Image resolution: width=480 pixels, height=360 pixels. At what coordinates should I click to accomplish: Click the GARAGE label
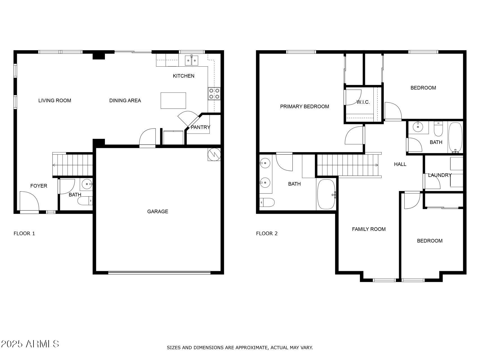tap(157, 211)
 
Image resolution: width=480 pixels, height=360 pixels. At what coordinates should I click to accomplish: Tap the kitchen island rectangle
tap(173, 101)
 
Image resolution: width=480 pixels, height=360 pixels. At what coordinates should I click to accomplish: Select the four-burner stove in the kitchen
tap(214, 94)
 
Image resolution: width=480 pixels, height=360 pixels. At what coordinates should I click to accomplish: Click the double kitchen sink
tap(191, 60)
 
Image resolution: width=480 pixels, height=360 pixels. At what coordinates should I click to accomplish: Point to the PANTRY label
tap(200, 127)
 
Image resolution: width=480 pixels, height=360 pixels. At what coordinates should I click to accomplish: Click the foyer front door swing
tap(29, 201)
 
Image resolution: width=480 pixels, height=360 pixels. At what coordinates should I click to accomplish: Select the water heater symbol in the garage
tap(214, 154)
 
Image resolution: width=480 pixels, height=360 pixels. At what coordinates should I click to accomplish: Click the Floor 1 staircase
tap(73, 165)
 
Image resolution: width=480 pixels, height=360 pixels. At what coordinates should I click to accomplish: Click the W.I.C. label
tap(363, 102)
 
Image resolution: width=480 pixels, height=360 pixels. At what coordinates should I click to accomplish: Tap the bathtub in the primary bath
tap(326, 194)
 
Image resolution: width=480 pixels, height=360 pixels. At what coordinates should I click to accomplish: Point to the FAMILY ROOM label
tap(369, 229)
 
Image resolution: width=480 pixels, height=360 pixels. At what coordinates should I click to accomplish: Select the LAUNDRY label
tap(440, 175)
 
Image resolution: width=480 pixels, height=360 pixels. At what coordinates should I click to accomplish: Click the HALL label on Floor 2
tap(400, 164)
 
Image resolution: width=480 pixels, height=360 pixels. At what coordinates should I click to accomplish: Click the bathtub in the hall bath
tap(455, 138)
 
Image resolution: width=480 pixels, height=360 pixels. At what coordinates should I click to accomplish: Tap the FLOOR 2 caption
tap(267, 233)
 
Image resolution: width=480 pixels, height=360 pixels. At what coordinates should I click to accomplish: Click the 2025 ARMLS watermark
tap(30, 344)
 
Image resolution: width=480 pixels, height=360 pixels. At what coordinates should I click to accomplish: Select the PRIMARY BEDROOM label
tap(305, 107)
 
